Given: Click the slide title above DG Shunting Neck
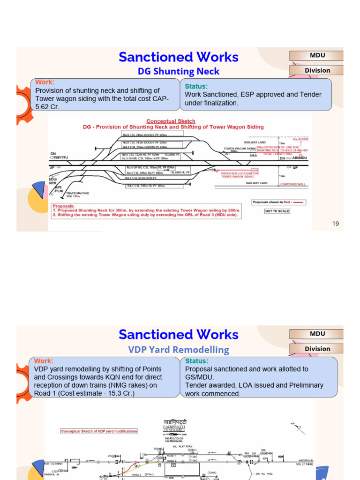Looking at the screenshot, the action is click(179, 57).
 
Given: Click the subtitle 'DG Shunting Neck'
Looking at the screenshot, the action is click(178, 71).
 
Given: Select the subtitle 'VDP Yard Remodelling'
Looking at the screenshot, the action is click(179, 350).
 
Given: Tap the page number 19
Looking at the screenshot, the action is click(335, 224).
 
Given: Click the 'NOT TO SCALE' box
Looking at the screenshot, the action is click(277, 211).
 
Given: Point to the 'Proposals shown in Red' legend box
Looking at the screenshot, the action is click(278, 202).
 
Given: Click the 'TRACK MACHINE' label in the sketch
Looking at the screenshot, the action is click(77, 193).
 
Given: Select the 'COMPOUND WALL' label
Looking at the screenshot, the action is click(292, 184).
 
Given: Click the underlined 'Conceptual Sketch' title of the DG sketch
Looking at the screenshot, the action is click(171, 121).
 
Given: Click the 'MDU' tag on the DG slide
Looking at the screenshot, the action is click(317, 55).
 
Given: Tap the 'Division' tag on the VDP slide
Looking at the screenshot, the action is click(317, 349).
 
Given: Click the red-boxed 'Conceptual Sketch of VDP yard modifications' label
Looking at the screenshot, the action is click(99, 431).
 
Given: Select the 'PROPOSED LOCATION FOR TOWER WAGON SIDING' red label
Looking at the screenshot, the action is click(237, 175).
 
